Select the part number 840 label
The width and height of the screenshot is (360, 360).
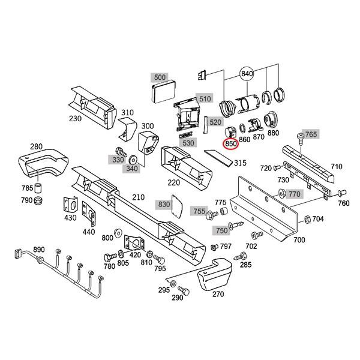pos(247,73)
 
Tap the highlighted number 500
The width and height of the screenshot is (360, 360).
pos(159,77)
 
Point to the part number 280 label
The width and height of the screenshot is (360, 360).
pos(35,147)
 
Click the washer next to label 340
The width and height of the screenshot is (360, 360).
pos(133,159)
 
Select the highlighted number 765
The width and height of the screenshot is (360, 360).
pos(310,134)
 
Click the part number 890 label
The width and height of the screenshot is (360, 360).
pos(39,250)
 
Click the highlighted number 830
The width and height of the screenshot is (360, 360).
pos(164,205)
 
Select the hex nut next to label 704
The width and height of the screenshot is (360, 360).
pos(308,218)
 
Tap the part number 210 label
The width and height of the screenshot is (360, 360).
pos(139,197)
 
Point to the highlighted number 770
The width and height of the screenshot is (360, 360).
pos(293,194)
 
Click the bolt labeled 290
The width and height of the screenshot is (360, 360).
pos(185,290)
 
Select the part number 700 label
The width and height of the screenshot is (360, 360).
pos(299,240)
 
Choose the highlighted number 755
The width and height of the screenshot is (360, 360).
pos(199,211)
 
